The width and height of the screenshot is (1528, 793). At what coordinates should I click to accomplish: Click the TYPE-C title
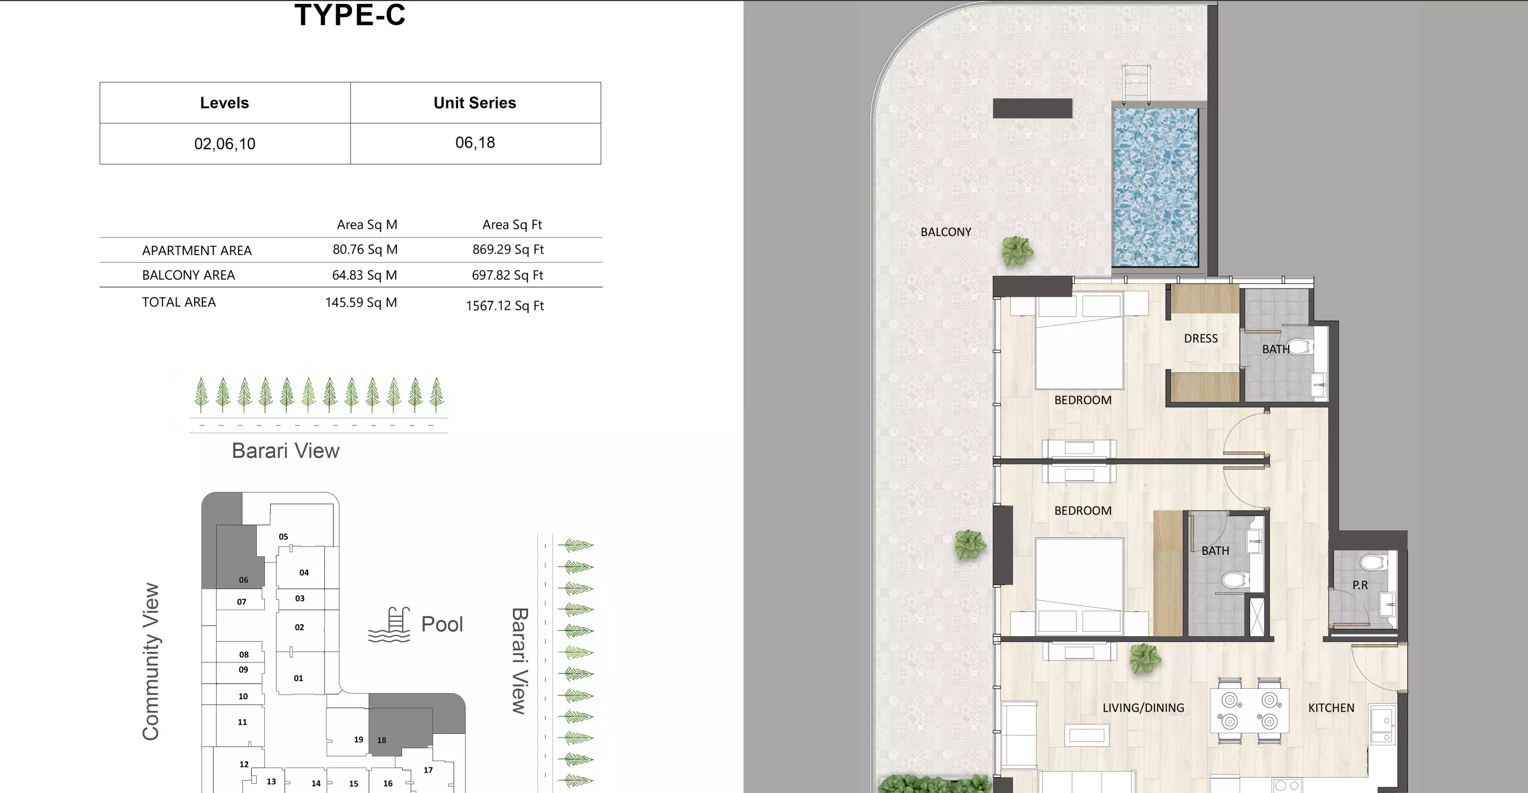point(350,15)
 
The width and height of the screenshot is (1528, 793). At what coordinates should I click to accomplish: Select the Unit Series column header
point(474,103)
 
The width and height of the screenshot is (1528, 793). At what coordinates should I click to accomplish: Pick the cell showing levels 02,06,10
point(225,144)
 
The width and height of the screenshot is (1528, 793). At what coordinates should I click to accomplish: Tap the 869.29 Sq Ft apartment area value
point(508,249)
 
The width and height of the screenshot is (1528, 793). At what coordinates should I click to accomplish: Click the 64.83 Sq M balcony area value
point(364,275)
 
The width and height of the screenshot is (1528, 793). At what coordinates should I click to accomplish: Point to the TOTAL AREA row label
point(179,302)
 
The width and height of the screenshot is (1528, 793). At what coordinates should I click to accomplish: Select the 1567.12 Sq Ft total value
point(505,305)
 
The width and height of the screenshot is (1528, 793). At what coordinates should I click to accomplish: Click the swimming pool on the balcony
point(1155,186)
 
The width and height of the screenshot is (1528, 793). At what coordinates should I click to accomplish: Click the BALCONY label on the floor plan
point(946,232)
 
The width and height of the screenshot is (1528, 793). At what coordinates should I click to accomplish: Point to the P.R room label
point(1360,585)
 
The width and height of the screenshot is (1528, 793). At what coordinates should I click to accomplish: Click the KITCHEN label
point(1331,707)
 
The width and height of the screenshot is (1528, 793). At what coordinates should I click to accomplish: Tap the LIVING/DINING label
point(1143,707)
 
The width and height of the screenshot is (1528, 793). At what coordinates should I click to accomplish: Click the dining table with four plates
point(1249,711)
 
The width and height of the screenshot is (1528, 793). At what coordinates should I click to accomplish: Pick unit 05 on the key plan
point(284,536)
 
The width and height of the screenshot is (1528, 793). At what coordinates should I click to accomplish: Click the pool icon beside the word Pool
point(389,625)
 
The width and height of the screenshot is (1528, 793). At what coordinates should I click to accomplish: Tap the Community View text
point(151,661)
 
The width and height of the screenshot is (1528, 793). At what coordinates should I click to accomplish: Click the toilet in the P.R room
point(1372,562)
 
